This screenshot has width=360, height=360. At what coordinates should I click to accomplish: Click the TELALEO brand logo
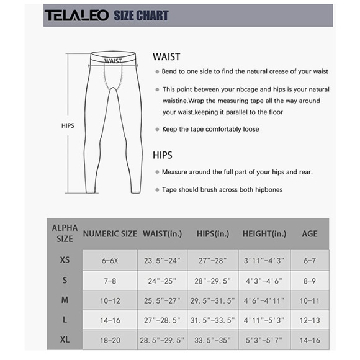point(76,16)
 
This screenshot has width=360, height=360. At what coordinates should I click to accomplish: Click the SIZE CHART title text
point(141,16)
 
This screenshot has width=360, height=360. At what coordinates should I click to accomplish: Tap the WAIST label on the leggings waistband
point(113,61)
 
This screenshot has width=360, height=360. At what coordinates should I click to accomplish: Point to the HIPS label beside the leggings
point(68,125)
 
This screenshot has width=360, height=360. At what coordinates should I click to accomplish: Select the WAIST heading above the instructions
point(166,57)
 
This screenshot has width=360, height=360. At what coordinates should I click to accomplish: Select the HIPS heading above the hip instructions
point(163,155)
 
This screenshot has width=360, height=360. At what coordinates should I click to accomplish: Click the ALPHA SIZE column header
point(64,233)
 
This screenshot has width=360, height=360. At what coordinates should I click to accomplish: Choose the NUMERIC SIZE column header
point(110,234)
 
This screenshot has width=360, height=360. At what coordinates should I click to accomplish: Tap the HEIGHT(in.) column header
point(263,234)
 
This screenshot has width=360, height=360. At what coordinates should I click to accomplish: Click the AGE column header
point(309,234)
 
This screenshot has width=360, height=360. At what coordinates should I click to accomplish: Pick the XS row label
point(65,260)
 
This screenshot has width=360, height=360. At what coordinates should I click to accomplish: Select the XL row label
point(65,340)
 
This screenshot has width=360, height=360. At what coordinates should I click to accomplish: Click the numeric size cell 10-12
point(110,300)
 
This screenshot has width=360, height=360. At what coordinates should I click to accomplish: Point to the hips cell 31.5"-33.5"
point(213,320)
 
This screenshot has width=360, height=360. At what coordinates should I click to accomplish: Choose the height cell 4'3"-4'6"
point(264,281)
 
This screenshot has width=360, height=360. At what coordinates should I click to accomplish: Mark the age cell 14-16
point(309,340)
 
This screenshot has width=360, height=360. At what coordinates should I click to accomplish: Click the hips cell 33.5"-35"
point(213,340)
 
